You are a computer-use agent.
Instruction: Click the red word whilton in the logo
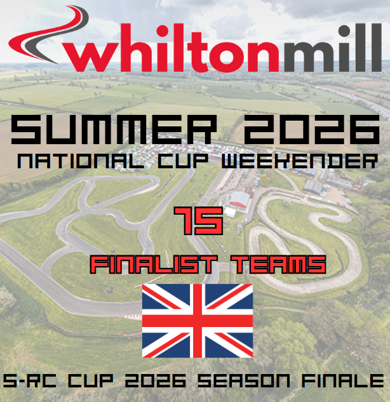coord(171,48)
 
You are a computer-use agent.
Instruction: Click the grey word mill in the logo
coord(333,48)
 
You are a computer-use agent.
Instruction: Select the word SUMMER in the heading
coord(114,130)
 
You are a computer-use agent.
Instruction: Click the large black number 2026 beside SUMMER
coord(311,130)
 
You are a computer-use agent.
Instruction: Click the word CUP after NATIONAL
coord(183,161)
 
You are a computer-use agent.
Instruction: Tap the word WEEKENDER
coord(300,161)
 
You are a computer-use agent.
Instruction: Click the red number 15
coord(199,221)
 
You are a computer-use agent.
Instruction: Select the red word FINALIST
coord(154,264)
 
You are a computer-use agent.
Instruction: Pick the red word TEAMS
coord(279,264)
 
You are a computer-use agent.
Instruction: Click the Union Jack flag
coord(198,321)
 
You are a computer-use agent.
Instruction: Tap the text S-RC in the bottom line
coord(29,380)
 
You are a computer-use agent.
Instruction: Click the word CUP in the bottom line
coord(90,380)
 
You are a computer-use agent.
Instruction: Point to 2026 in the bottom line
coord(156,380)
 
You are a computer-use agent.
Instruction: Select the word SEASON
coord(244,380)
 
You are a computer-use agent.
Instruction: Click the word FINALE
coord(343,380)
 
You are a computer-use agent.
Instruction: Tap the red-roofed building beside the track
coord(239,199)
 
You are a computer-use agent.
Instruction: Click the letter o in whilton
coord(228,57)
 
